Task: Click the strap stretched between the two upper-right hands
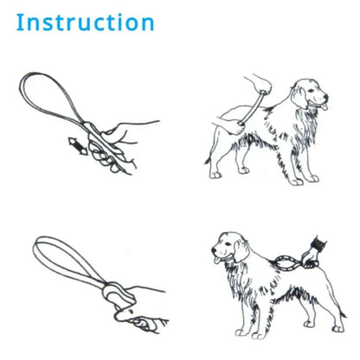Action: click(x=241, y=107)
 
